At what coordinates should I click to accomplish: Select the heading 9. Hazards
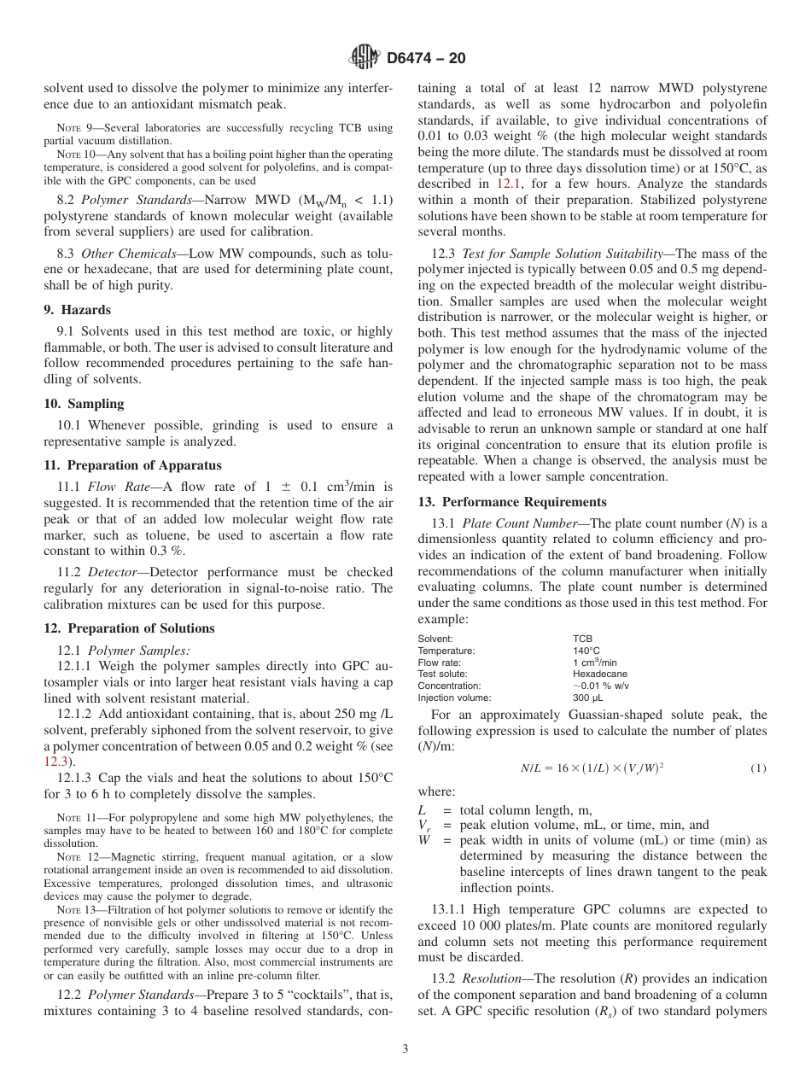coord(77,310)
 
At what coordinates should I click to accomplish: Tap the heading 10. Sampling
coord(84,403)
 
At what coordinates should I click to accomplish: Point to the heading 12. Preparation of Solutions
coord(129,628)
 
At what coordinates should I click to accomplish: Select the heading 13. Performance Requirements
coord(512,502)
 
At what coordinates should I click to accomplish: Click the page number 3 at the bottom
coord(405,1049)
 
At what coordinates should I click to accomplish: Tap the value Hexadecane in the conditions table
coord(599,674)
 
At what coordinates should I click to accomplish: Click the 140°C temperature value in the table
coord(586,650)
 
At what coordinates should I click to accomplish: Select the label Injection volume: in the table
coord(454,698)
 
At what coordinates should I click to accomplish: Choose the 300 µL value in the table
coord(587,698)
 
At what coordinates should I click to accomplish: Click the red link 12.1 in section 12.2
coord(505,184)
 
